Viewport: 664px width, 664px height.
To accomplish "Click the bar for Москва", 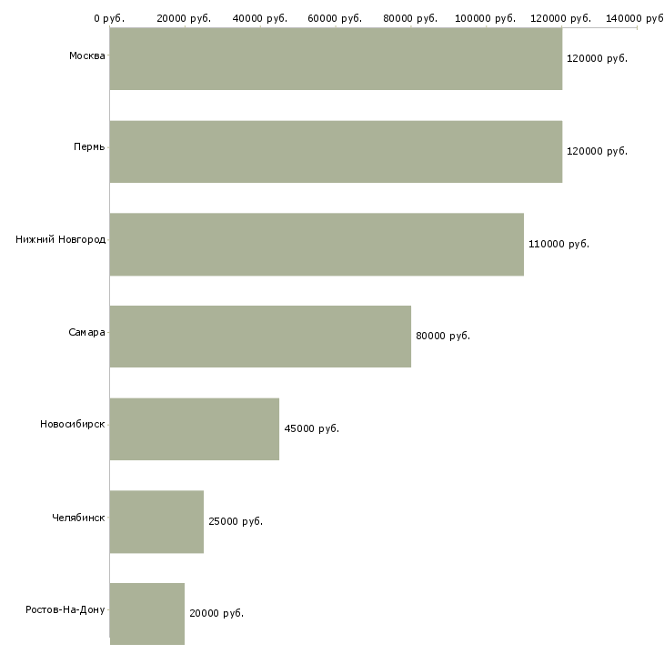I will tap(336, 58).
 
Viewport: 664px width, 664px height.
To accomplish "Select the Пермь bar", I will tap(336, 151).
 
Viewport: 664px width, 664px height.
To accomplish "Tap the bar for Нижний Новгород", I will tap(317, 244).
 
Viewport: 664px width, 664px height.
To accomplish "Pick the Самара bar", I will tap(260, 337).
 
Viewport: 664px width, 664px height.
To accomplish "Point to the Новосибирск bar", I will tap(194, 428).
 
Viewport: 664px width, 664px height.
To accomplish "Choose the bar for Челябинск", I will tap(156, 521).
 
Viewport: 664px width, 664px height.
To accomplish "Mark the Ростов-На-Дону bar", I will tap(146, 614).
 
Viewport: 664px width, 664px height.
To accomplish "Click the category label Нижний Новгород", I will tap(60, 240).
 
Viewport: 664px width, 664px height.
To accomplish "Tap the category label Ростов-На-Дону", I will tap(65, 609).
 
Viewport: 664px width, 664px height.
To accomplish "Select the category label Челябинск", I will tap(78, 518).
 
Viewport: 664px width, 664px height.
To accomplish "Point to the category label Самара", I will tap(86, 332).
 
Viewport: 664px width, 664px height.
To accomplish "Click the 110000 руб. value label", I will tap(558, 244).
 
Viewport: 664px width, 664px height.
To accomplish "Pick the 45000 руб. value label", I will tap(311, 428).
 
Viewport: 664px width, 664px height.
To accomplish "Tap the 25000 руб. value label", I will tap(235, 521).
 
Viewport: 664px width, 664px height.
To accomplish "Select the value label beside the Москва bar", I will tap(597, 58).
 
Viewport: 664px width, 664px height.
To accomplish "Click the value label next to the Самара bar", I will tap(443, 337).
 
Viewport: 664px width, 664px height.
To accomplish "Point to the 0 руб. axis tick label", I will tap(108, 18).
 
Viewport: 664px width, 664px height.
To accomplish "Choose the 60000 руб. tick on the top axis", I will tap(336, 18).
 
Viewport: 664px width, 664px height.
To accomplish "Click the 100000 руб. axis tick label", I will tap(486, 18).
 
